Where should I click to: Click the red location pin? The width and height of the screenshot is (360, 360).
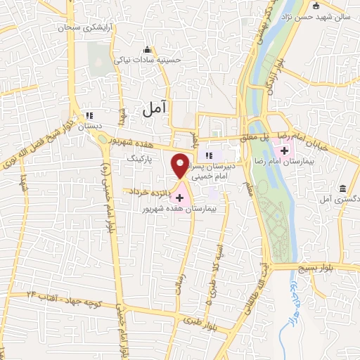(x=181, y=165)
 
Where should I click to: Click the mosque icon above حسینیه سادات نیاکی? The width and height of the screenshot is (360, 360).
(x=147, y=49)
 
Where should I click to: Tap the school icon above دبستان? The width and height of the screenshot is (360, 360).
(x=89, y=115)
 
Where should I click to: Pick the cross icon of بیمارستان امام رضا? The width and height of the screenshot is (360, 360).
(x=285, y=150)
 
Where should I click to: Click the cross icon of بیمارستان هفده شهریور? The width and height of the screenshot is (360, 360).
(x=180, y=198)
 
